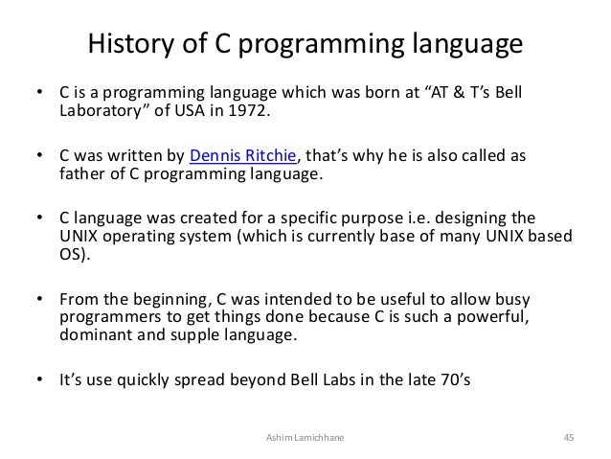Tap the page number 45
tap(568, 438)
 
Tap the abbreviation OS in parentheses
tap(71, 256)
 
